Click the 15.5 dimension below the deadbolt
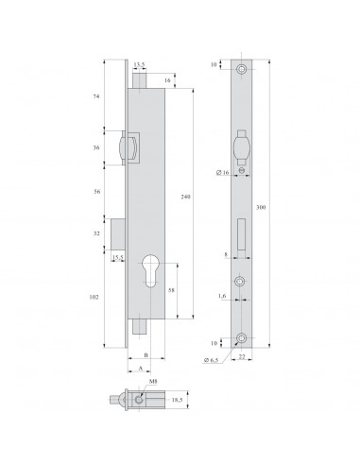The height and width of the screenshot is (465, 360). [118, 257]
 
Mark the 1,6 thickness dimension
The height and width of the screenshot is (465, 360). [220, 295]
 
